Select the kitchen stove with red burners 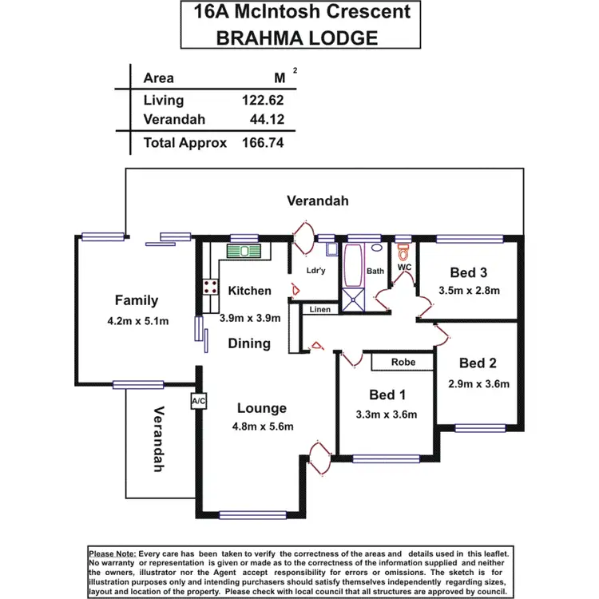[212, 287]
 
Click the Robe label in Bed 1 [403, 362]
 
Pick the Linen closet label [319, 309]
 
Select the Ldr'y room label [316, 271]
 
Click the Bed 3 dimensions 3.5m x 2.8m [470, 290]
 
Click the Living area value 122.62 [263, 100]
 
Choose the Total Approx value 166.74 [263, 143]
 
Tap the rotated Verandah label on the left [159, 439]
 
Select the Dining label [249, 343]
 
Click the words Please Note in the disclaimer [113, 553]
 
